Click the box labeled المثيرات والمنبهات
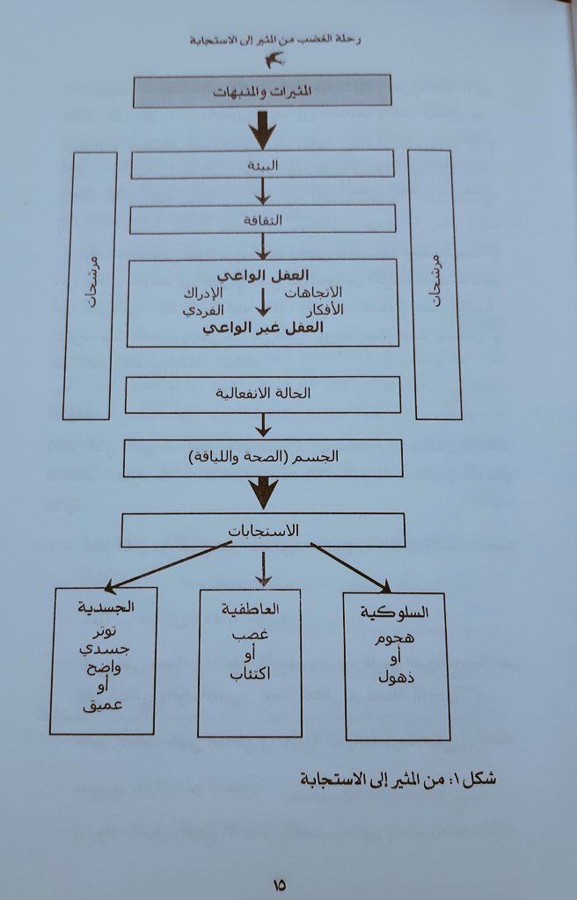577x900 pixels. [261, 91]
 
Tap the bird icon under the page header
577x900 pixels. [275, 60]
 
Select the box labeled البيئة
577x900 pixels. [262, 163]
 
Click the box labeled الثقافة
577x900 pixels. [261, 220]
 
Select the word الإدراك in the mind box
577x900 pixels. [203, 292]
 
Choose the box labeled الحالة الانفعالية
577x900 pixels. [263, 395]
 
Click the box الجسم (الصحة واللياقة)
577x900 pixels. [262, 458]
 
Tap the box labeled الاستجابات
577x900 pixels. [263, 530]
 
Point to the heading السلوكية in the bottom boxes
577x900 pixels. [395, 612]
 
